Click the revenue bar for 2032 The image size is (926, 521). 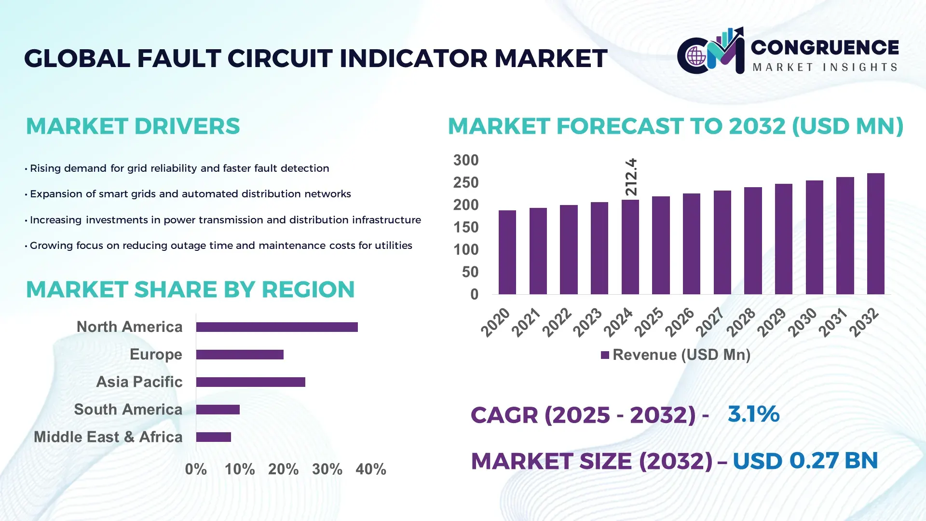tap(875, 234)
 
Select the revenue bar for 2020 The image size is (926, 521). tap(507, 252)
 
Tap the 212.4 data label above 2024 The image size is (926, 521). tap(631, 177)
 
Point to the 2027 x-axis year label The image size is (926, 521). tap(710, 322)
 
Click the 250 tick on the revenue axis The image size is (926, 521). tap(465, 183)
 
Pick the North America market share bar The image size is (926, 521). tap(277, 327)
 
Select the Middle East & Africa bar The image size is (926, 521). tap(214, 437)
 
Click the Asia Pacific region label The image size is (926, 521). tap(139, 382)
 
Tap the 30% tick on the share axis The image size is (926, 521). tap(327, 469)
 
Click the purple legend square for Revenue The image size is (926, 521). tap(605, 356)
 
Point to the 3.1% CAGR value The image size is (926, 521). tap(753, 414)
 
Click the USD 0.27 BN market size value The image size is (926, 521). tap(805, 461)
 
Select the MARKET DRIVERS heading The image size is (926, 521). tap(133, 126)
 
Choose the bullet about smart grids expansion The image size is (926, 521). tap(190, 194)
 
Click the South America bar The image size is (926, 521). tap(218, 410)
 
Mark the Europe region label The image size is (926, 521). tap(156, 355)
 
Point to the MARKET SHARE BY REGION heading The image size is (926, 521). tap(190, 290)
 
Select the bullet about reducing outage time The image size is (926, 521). tap(220, 246)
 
